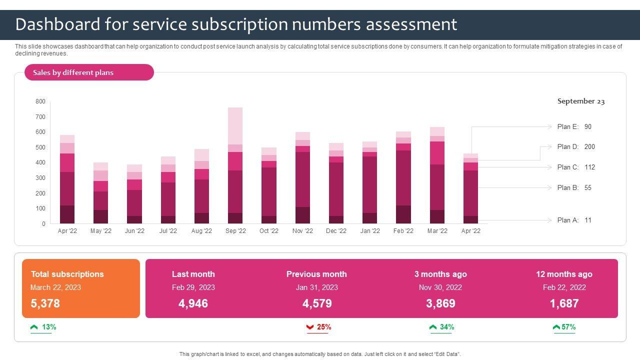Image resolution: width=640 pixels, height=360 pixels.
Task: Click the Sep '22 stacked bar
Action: [235, 165]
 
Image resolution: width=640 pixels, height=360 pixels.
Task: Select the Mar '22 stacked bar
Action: [437, 175]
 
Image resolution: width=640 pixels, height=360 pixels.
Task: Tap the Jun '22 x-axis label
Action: [134, 231]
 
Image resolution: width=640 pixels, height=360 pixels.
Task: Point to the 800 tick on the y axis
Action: [40, 101]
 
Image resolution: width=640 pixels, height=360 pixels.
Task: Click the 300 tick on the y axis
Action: [40, 178]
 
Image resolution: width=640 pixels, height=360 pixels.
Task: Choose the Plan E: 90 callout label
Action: [574, 127]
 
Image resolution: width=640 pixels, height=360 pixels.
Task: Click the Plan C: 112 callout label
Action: [576, 167]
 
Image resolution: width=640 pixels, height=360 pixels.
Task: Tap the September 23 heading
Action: [581, 101]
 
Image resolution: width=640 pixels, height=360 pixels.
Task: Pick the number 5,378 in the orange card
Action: [45, 303]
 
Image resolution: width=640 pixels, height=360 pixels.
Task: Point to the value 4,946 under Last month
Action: [193, 303]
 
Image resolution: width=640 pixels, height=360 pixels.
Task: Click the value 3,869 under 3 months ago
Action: [440, 303]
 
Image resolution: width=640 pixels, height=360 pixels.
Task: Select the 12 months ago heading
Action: [564, 274]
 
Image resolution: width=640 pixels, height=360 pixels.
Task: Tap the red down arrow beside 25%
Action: [310, 327]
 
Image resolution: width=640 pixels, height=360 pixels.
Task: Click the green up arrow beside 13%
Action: [34, 327]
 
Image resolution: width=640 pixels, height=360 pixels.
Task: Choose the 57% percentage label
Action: [568, 327]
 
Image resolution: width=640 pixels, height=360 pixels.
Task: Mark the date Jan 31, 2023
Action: [316, 287]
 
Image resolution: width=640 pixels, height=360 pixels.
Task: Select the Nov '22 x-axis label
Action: [302, 231]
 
